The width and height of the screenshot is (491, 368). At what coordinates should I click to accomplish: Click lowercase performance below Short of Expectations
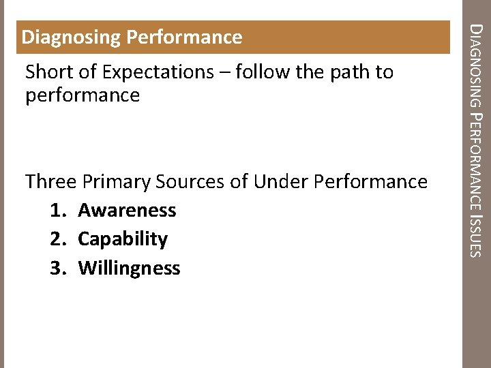[82, 95]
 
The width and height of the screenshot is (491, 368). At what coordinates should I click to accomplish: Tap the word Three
[50, 182]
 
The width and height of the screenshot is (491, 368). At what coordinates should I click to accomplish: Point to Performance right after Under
[371, 182]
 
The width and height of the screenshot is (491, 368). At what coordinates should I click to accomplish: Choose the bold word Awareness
[127, 211]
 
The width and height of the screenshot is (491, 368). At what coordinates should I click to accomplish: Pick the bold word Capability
[123, 239]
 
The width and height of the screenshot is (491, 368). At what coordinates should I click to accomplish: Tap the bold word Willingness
[129, 269]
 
